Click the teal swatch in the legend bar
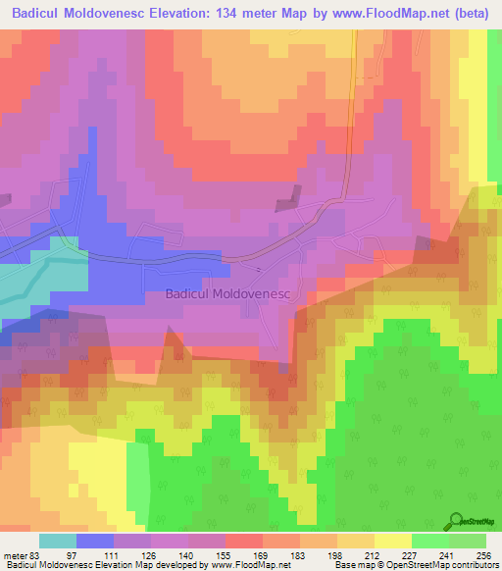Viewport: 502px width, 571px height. (58, 542)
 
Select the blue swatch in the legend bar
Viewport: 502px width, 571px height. (95, 542)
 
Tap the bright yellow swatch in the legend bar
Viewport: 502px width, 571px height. (393, 542)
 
